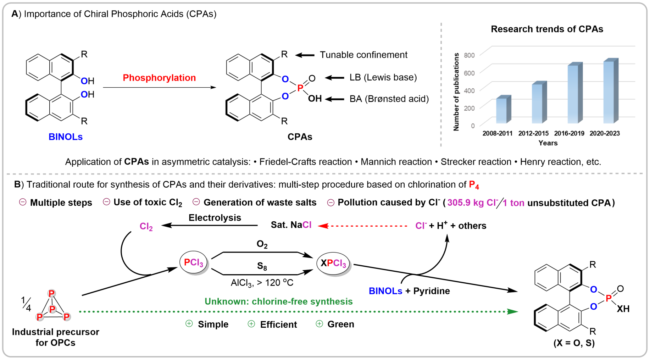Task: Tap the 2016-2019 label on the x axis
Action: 569,133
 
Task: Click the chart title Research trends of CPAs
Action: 547,29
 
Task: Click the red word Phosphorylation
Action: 159,78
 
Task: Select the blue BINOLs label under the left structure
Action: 66,137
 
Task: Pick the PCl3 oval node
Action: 194,263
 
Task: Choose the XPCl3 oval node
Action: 333,263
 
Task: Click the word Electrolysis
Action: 215,218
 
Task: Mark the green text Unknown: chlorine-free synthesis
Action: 278,301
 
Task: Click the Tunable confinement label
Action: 363,55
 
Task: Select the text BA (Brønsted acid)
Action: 389,99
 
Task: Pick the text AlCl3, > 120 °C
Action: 262,283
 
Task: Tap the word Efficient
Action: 278,325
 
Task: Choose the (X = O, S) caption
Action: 574,343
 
